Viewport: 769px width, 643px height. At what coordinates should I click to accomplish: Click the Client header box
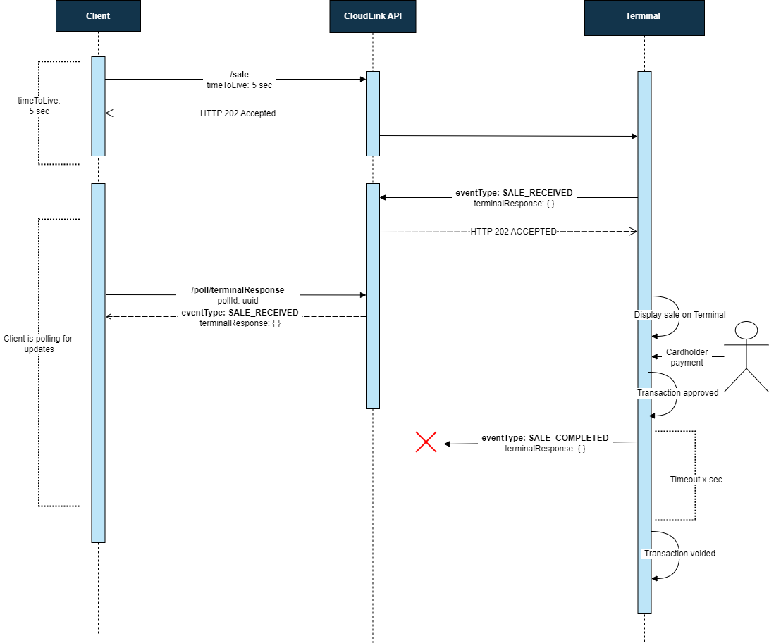click(x=98, y=16)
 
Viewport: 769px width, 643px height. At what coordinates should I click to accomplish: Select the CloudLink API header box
click(x=372, y=16)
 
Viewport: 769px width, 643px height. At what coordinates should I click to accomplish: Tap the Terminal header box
click(x=644, y=16)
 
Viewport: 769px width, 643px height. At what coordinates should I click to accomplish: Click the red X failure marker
click(x=426, y=442)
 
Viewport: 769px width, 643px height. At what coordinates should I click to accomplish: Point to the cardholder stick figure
click(x=746, y=356)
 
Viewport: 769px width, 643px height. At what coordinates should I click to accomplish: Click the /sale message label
click(x=239, y=74)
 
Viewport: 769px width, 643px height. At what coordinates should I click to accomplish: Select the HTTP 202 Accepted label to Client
click(x=238, y=113)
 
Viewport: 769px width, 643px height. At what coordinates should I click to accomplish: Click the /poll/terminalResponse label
click(x=238, y=290)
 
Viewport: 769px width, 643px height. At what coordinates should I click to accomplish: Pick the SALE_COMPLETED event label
click(x=545, y=437)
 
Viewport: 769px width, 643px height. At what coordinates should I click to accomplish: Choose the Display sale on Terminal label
click(x=679, y=315)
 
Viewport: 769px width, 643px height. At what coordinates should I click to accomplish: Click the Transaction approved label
click(x=677, y=393)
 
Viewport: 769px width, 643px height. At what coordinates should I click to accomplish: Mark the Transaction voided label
click(x=679, y=554)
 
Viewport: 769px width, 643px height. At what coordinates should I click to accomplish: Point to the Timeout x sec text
click(x=696, y=480)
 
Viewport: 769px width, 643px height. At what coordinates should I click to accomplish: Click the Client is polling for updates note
click(x=38, y=344)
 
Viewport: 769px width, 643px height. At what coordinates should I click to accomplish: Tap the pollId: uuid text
click(x=238, y=301)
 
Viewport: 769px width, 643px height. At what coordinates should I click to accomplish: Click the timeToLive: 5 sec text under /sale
click(x=239, y=85)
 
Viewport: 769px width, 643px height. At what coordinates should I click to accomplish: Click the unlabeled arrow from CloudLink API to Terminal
click(x=507, y=136)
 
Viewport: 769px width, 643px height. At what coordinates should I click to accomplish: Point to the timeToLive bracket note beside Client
click(x=34, y=106)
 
